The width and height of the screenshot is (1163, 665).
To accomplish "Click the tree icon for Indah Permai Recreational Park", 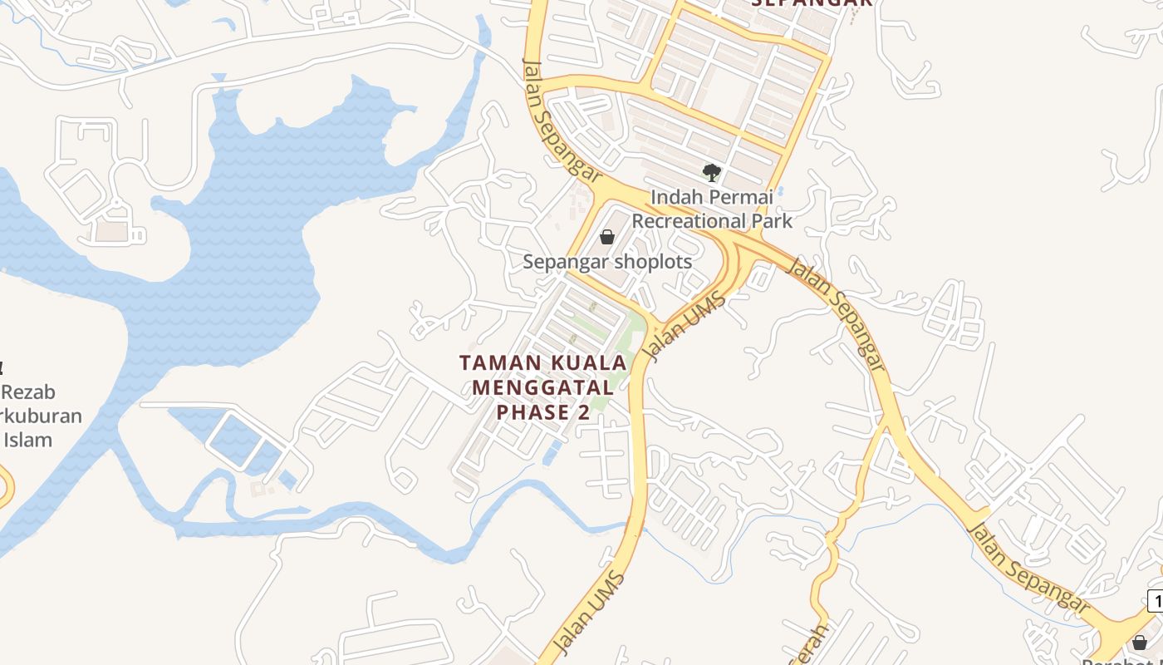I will point(711,173).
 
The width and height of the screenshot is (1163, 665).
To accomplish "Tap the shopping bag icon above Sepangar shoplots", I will point(607,237).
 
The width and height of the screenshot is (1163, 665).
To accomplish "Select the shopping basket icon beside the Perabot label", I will point(1140,643).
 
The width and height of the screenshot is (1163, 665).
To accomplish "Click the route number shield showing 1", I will point(1156,600).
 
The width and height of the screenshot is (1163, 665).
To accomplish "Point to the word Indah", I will point(674,198).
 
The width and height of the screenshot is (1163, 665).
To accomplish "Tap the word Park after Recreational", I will point(773,221).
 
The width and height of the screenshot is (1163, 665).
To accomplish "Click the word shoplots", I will point(653,262).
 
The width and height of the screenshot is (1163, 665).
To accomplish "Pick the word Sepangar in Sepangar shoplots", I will point(566,262).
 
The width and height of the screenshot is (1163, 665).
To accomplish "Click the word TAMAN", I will point(495,363).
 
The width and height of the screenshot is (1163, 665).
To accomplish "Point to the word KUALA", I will point(586,363).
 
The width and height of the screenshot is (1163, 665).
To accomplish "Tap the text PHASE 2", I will point(543,412).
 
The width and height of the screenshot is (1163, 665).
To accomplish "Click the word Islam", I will point(29,440).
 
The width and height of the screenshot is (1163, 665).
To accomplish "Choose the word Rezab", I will point(29,392).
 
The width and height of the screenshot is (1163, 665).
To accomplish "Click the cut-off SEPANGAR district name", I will point(812,3).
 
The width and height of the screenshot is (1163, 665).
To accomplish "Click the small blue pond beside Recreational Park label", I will point(782,192).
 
